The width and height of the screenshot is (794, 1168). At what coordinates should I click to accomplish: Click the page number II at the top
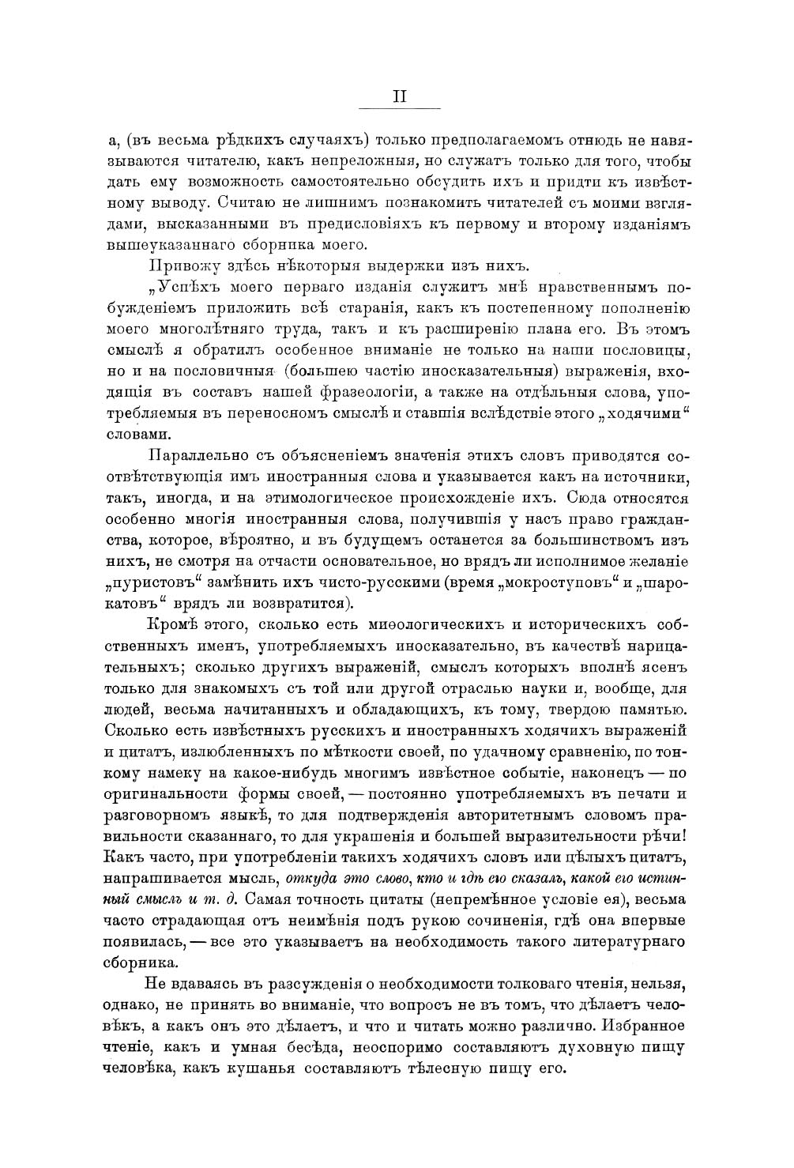[x=400, y=96]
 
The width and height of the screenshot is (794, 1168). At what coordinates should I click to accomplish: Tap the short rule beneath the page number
[x=400, y=108]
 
